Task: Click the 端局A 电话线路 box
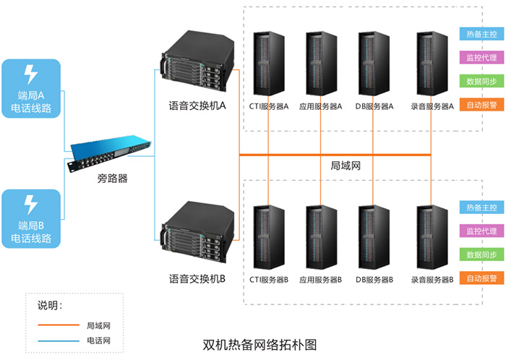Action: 31,90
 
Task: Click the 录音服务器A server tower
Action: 431,64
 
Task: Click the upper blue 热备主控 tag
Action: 481,34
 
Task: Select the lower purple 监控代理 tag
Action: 481,231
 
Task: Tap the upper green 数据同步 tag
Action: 481,81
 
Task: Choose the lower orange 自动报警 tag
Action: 481,278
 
